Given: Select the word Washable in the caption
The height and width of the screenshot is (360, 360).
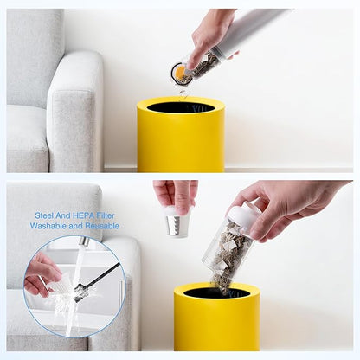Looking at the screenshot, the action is tap(48, 226).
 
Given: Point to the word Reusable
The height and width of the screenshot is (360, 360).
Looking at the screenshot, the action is tap(102, 226).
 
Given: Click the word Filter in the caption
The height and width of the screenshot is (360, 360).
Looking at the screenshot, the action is tap(106, 215).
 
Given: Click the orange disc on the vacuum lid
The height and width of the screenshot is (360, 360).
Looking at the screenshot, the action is tap(181, 73).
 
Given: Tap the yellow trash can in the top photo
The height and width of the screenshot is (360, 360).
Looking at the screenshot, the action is tap(181, 135).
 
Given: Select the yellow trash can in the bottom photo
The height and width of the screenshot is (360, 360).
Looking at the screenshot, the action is tap(216, 317).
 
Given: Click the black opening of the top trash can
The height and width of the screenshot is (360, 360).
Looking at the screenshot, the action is tap(181, 107).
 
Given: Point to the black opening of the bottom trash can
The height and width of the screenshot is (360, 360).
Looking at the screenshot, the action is tap(217, 293).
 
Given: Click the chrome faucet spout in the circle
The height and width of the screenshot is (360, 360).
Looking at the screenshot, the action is tap(84, 241).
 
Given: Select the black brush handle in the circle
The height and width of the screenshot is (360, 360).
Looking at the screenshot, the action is tap(98, 278).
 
